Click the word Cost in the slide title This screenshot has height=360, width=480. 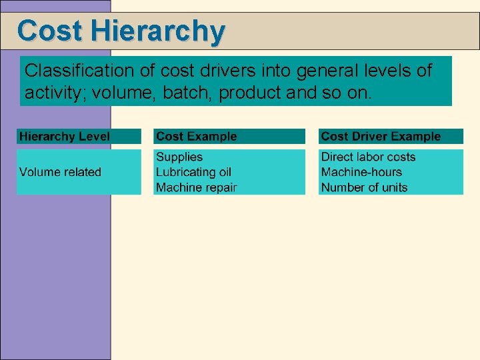pyautogui.click(x=50, y=31)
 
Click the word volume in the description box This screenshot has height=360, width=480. pyautogui.click(x=117, y=92)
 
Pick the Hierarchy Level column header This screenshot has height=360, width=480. pyautogui.click(x=65, y=136)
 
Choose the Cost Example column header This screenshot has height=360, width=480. pyautogui.click(x=196, y=136)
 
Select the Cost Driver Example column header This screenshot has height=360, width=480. pyautogui.click(x=381, y=136)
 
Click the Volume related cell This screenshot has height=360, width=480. pyautogui.click(x=60, y=172)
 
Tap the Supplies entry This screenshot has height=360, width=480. pyautogui.click(x=179, y=157)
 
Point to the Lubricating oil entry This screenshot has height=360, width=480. pyautogui.click(x=193, y=172)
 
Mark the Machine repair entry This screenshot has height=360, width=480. pyautogui.click(x=196, y=187)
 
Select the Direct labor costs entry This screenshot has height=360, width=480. pyautogui.click(x=368, y=157)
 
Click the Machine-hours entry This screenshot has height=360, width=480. pyautogui.click(x=361, y=172)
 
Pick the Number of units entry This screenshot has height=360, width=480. pyautogui.click(x=364, y=187)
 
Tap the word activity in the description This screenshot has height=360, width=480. pyautogui.click(x=53, y=92)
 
